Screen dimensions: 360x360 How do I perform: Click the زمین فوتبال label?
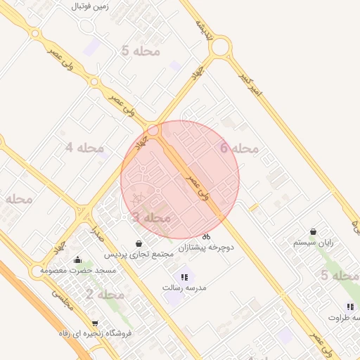[89, 6]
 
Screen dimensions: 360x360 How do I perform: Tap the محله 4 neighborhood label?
[84, 148]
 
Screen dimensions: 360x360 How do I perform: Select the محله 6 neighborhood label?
[239, 148]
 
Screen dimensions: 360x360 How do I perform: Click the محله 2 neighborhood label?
[105, 294]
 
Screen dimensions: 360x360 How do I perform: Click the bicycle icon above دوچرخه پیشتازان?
[206, 236]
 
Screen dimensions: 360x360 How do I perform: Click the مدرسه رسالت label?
[182, 288]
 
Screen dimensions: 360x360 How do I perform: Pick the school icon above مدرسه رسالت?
[184, 277]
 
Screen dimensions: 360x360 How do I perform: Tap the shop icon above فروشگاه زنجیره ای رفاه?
[95, 323]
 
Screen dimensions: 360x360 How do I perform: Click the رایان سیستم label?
[313, 243]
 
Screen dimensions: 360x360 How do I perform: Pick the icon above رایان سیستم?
[313, 231]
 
